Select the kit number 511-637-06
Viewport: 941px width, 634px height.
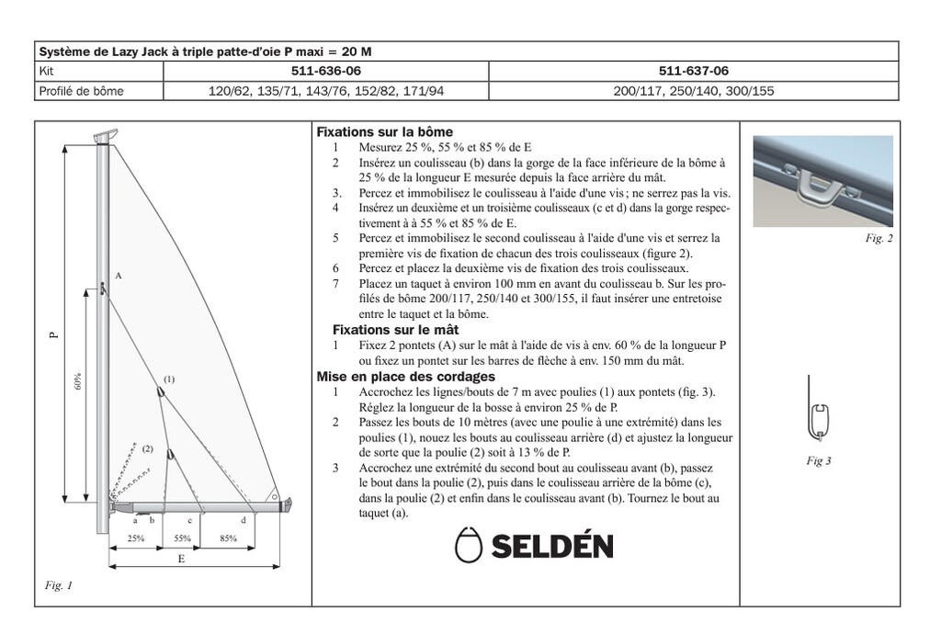[x=694, y=71]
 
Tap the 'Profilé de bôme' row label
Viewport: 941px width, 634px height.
[x=82, y=91]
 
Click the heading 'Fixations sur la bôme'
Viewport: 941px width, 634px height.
[x=384, y=132]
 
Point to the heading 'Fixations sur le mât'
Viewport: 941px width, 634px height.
[x=395, y=329]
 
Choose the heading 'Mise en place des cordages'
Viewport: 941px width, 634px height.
[x=405, y=376]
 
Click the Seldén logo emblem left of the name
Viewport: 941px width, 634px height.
[x=469, y=545]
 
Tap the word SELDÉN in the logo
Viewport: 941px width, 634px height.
[x=551, y=547]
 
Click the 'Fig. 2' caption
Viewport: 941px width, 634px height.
[x=879, y=238]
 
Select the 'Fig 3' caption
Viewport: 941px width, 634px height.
[x=818, y=460]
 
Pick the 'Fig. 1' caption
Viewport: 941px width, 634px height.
[x=58, y=585]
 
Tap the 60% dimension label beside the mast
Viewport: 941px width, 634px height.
[x=79, y=382]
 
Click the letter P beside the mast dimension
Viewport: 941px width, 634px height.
[x=53, y=334]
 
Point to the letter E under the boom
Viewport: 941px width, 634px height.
[x=181, y=560]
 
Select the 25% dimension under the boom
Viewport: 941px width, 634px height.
[x=136, y=538]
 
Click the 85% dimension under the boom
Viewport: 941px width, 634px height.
[x=229, y=538]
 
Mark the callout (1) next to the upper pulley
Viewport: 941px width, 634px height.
[x=169, y=379]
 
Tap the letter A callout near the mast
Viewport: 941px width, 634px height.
[x=119, y=276]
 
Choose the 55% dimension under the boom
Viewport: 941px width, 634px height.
[x=182, y=538]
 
